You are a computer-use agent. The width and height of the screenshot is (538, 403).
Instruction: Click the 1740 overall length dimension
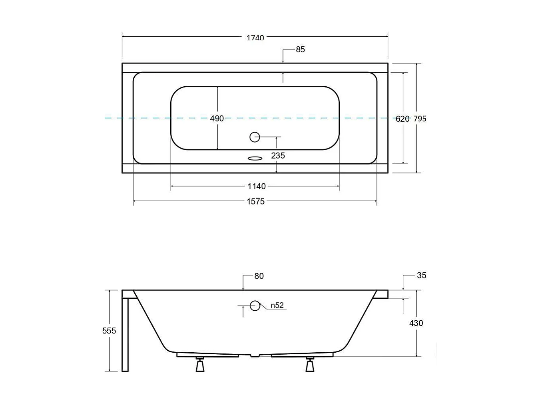pyautogui.click(x=255, y=38)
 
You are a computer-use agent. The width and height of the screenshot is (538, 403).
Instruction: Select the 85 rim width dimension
pyautogui.click(x=300, y=50)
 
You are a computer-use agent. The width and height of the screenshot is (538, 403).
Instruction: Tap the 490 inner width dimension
pyautogui.click(x=217, y=119)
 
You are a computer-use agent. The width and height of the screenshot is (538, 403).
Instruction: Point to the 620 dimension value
pyautogui.click(x=403, y=119)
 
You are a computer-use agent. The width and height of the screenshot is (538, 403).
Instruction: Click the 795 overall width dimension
pyautogui.click(x=420, y=119)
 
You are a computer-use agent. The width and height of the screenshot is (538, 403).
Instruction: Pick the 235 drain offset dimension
pyautogui.click(x=278, y=156)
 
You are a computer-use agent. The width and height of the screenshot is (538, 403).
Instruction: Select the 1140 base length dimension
pyautogui.click(x=256, y=187)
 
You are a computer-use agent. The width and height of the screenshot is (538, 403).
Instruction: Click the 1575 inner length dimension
pyautogui.click(x=255, y=202)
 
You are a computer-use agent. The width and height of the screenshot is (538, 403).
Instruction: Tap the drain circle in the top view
pyautogui.click(x=255, y=137)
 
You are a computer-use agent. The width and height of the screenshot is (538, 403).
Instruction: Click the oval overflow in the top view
pyautogui.click(x=255, y=159)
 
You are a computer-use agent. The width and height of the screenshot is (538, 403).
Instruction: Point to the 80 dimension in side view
pyautogui.click(x=259, y=276)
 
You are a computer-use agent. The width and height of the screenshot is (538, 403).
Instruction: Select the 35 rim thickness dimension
pyautogui.click(x=421, y=275)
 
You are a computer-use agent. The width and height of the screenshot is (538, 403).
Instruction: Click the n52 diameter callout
pyautogui.click(x=277, y=306)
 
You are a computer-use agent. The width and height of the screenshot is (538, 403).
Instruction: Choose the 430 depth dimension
pyautogui.click(x=416, y=323)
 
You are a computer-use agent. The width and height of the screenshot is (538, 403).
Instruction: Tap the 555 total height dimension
pyautogui.click(x=109, y=331)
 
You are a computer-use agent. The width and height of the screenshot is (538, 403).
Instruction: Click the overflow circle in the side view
pyautogui.click(x=255, y=306)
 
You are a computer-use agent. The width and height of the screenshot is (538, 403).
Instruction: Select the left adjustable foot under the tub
pyautogui.click(x=200, y=365)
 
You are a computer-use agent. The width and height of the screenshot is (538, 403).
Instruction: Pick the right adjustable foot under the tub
pyautogui.click(x=310, y=365)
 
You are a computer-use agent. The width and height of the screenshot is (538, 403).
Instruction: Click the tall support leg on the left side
pyautogui.click(x=125, y=334)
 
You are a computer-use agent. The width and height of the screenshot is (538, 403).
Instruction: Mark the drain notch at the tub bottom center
pyautogui.click(x=255, y=355)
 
